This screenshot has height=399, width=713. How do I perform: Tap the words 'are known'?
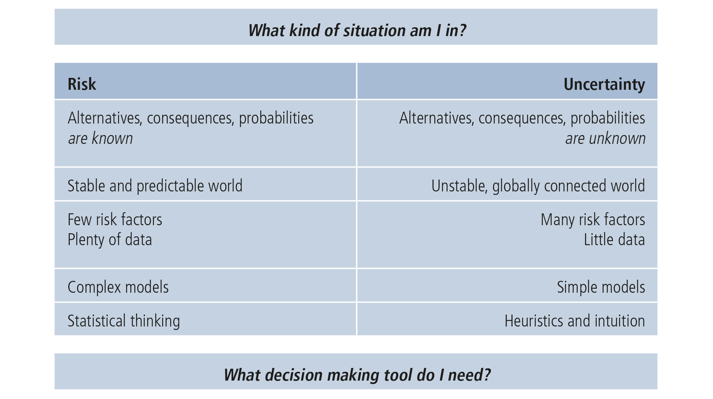100,138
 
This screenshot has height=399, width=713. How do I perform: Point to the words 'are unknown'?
605,138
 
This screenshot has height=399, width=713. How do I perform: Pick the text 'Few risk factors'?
115,219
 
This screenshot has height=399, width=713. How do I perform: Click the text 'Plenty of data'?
110,240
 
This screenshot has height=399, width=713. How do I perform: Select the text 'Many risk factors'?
593,219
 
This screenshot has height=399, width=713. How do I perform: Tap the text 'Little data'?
614,240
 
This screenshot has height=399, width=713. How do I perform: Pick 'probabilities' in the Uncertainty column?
608,118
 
